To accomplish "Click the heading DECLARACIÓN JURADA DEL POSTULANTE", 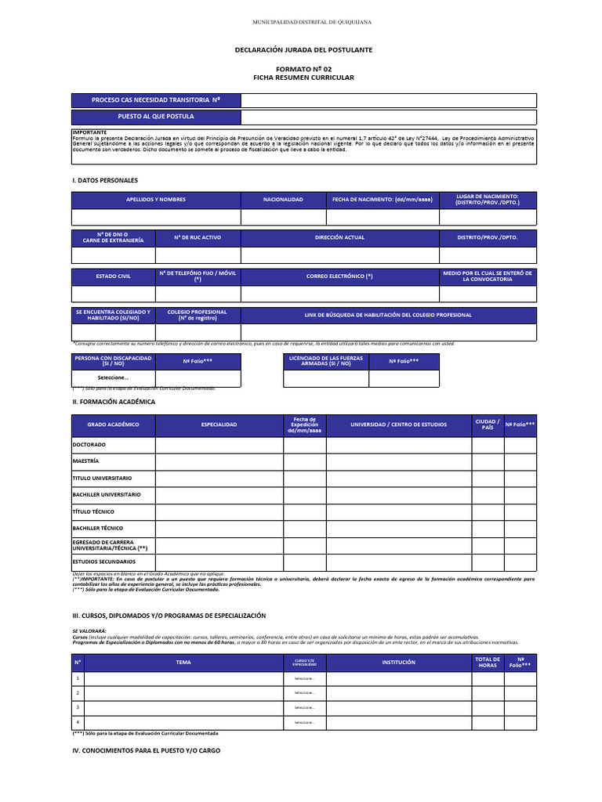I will coord(304,50).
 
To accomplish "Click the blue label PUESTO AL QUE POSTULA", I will coord(156,116).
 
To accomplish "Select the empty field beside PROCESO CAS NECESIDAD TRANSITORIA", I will coord(389,100).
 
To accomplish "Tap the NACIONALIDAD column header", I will coord(283,200).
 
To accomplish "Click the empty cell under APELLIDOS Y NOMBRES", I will coord(156,217).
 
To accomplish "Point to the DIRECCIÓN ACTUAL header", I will coord(339,237).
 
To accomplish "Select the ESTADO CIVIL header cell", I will coord(113,276).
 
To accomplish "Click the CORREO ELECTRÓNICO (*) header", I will coord(339,276).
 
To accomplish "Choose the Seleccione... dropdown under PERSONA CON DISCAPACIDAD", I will coord(113,378).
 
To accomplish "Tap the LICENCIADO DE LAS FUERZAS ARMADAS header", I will coord(325,361).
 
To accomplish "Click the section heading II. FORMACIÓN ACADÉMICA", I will coord(114,402).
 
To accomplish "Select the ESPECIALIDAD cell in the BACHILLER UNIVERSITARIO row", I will coord(219,495).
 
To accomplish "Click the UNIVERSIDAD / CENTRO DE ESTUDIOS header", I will coord(398,424).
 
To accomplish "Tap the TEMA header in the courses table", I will coord(183,663).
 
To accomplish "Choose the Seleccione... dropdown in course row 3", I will coord(304,707).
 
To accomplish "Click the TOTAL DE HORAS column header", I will coord(487,663).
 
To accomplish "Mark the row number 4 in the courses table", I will coord(78,722).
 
